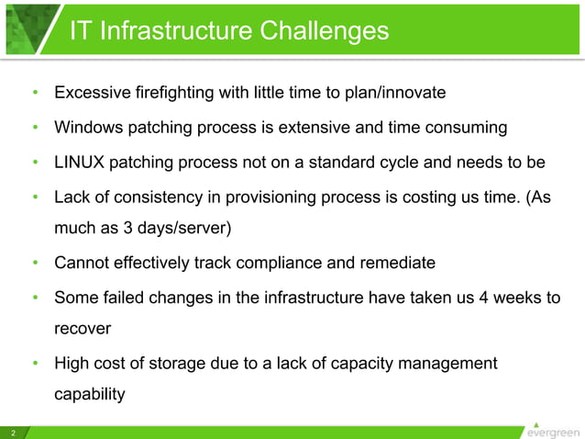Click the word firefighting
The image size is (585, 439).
(175, 94)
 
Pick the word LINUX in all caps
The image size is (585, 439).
(81, 163)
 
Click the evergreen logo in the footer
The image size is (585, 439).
(551, 429)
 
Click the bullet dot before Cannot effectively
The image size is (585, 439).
(36, 264)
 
